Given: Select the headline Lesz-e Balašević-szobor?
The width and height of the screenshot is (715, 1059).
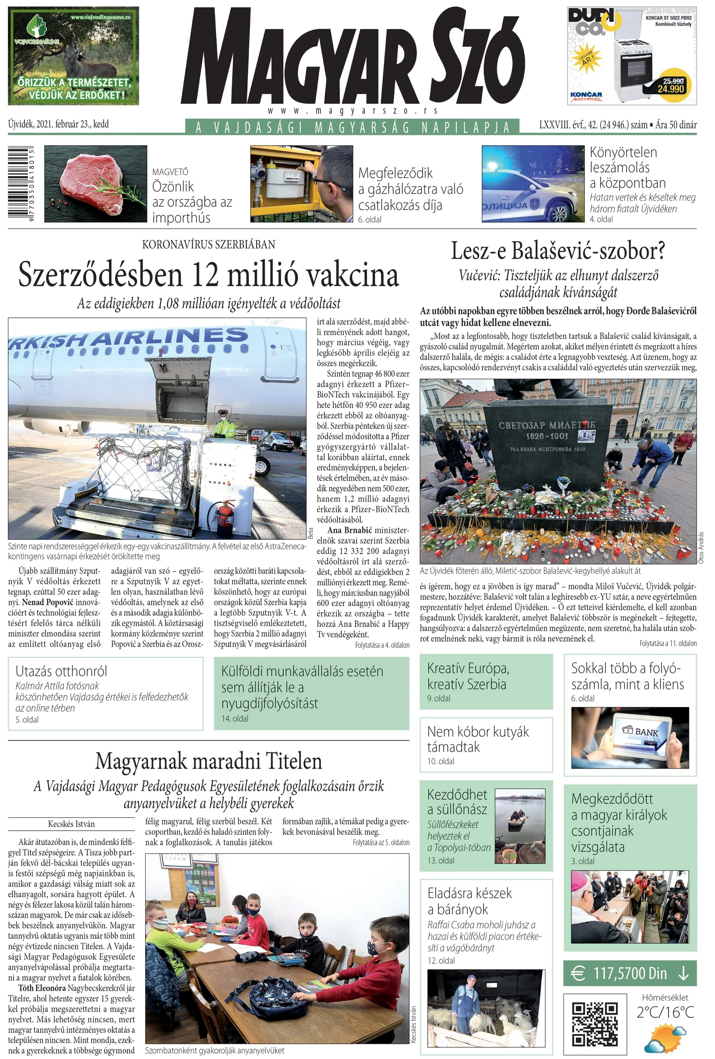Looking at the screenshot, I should [558, 251].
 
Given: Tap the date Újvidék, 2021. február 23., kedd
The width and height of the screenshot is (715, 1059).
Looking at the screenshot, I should [59, 124].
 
